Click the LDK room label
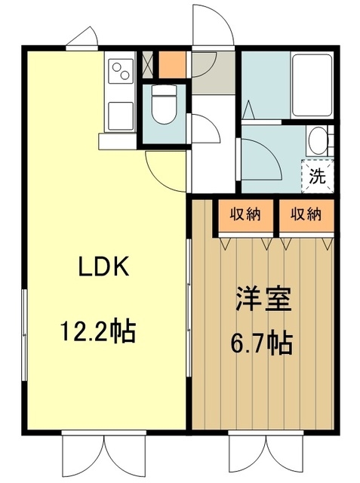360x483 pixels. [105, 268]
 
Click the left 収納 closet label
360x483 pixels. [246, 214]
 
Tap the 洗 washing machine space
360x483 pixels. [318, 177]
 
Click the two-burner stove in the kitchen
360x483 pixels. [121, 72]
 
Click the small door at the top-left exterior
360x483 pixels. [83, 38]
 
